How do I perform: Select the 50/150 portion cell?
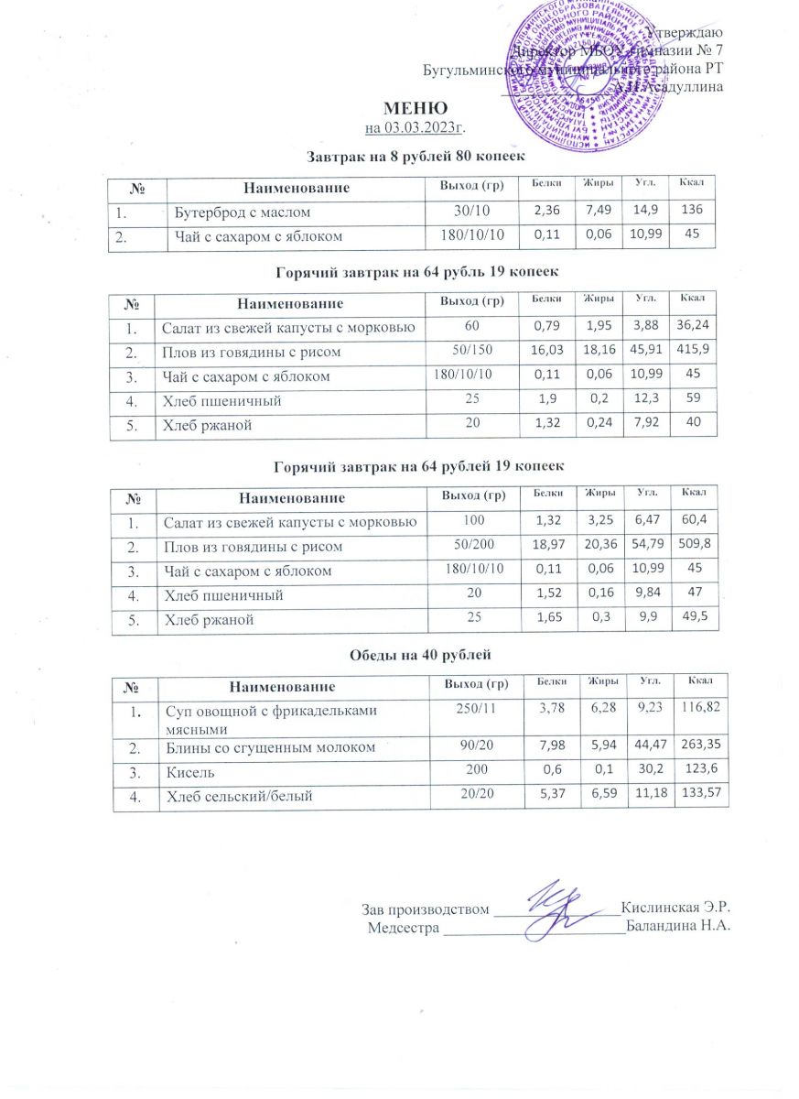(467, 352)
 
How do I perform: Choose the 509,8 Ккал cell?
(695, 546)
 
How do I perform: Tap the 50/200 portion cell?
(468, 547)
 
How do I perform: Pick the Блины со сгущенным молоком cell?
(270, 748)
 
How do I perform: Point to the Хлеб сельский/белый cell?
(239, 797)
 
